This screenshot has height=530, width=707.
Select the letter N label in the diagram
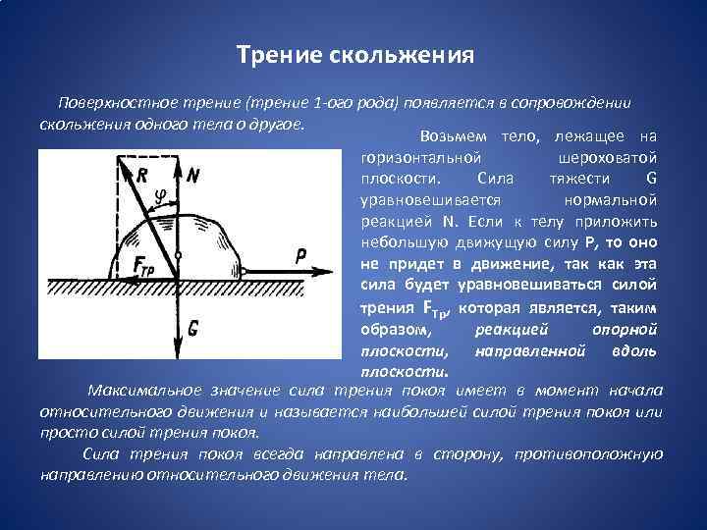(x=192, y=177)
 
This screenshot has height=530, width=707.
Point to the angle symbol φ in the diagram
(x=160, y=196)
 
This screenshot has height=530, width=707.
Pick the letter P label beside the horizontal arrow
(x=301, y=257)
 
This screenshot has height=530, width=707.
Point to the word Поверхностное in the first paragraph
(x=107, y=103)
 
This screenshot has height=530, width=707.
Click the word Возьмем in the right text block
(x=453, y=135)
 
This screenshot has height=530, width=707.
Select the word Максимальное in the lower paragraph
(x=137, y=393)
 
